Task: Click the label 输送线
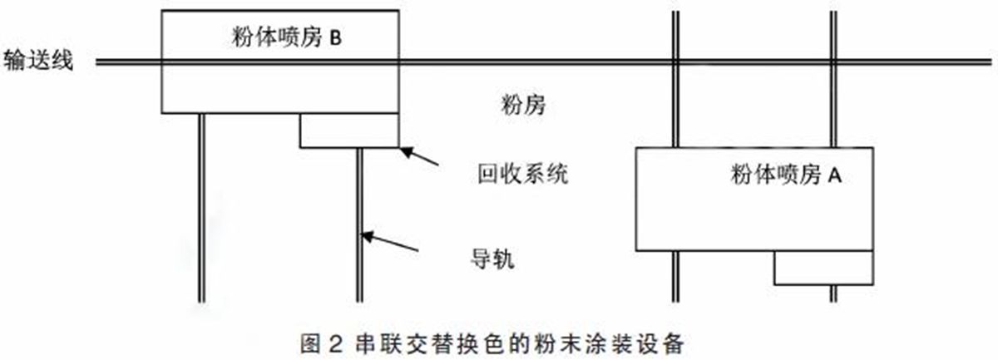[x=39, y=62]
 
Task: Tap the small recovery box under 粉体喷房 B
[x=349, y=131]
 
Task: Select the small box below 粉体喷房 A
[x=823, y=267]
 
